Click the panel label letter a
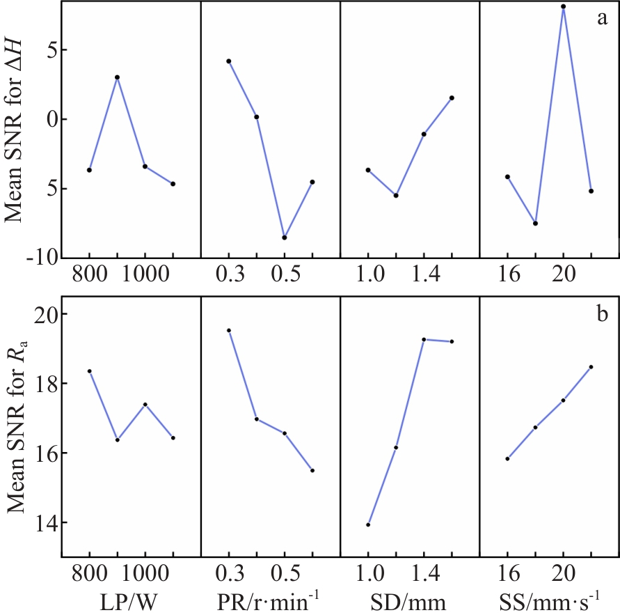click(603, 18)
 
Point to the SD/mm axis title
click(410, 598)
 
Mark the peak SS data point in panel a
click(564, 7)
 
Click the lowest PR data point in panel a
click(285, 238)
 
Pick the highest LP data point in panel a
click(118, 77)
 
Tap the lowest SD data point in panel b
click(368, 524)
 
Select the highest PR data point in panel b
click(229, 330)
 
